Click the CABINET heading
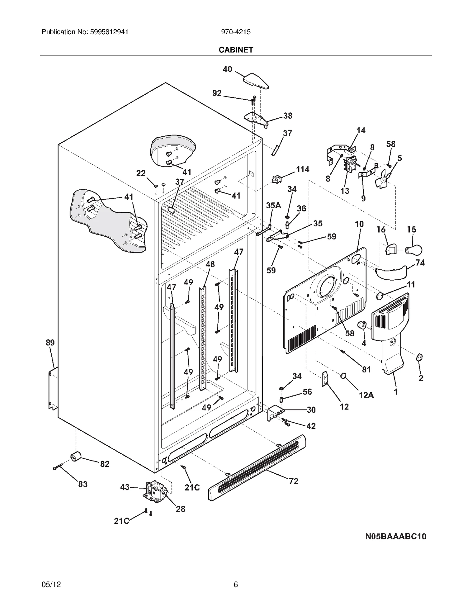coord(236,50)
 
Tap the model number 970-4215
coord(236,32)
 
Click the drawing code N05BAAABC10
coord(396,536)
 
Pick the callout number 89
coord(50,343)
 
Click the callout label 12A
coord(366,395)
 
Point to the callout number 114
coord(303,169)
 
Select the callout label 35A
coord(273,205)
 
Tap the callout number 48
coord(210,264)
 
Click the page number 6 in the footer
coord(236,584)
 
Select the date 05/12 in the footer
coord(51,584)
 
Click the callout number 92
coord(217,93)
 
